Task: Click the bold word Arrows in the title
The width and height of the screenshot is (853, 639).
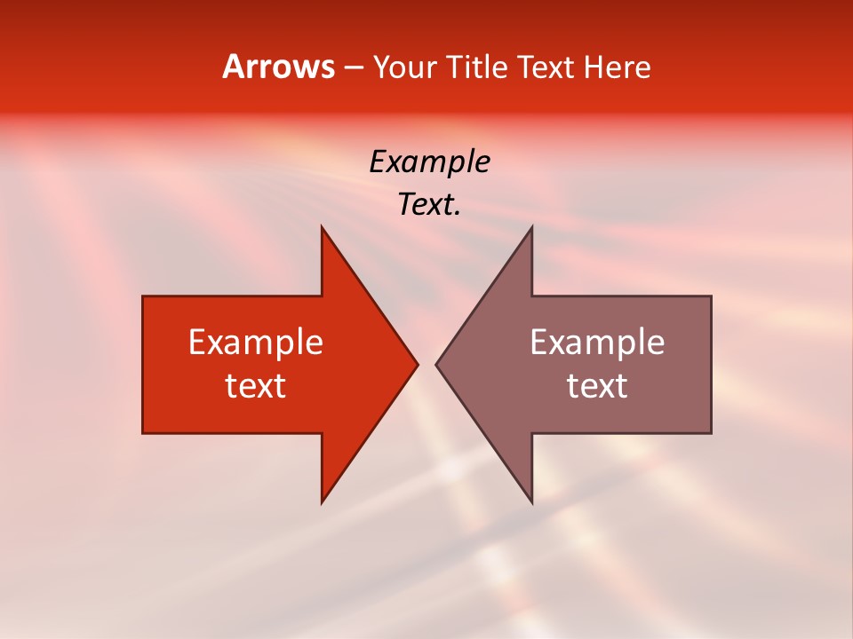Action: point(278,67)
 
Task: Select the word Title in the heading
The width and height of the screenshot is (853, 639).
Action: point(480,67)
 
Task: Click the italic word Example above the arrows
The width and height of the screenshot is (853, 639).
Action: point(429,162)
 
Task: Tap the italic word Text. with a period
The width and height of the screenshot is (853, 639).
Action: point(429,204)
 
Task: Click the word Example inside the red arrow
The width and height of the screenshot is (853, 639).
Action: point(255,342)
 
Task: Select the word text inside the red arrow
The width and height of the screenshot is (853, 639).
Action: point(255,386)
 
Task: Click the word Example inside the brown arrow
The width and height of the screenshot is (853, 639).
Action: point(597,342)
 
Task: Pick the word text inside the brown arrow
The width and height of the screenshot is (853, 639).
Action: point(597,386)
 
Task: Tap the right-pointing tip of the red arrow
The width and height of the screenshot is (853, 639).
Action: point(417,364)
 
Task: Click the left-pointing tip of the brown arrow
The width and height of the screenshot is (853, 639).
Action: point(436,364)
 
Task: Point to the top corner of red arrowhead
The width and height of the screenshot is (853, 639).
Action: point(323,227)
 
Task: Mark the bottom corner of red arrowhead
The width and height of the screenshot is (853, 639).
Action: point(323,501)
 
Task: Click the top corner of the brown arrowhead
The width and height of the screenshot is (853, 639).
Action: point(531,227)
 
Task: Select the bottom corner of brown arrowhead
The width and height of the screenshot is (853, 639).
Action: point(531,501)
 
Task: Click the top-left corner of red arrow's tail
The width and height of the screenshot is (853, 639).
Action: point(143,296)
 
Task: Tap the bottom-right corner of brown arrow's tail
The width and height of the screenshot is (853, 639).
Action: point(711,432)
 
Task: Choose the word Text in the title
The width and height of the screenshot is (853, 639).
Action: point(546,67)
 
